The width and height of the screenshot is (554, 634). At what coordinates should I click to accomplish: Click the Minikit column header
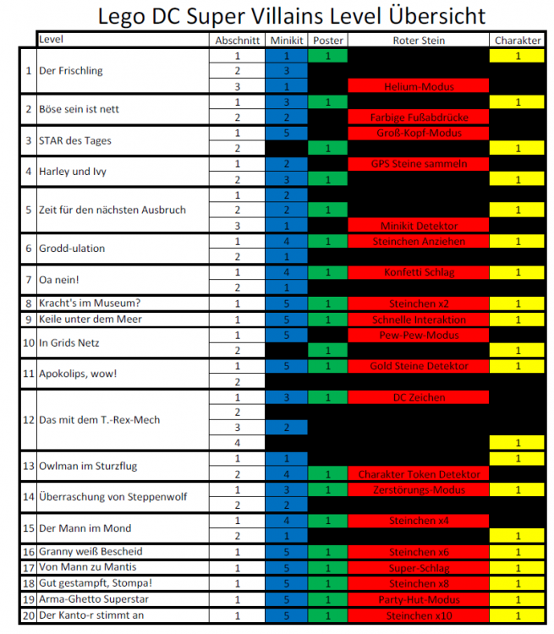(x=286, y=41)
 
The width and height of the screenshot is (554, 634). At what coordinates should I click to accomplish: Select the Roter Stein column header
(x=419, y=41)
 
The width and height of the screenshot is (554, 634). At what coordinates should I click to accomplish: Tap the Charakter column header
(x=518, y=41)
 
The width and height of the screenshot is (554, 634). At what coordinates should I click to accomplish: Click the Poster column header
(x=327, y=41)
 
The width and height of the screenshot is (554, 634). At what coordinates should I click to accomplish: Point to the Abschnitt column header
(x=237, y=41)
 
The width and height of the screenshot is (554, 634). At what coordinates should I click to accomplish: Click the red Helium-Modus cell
(x=419, y=86)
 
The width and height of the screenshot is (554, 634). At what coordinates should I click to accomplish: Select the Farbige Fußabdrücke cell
(x=419, y=118)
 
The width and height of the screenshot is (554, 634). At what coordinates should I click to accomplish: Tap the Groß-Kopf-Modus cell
(x=419, y=133)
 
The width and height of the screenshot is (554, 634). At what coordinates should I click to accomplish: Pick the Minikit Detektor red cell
(x=419, y=226)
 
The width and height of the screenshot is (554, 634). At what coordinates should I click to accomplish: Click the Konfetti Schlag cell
(x=419, y=272)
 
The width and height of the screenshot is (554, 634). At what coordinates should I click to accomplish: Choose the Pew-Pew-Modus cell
(x=419, y=335)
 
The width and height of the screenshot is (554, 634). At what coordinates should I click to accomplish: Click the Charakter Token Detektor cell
(x=419, y=474)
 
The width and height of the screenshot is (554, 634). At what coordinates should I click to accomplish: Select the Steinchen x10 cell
(x=419, y=615)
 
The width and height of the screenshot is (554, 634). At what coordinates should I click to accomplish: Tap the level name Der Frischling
(x=71, y=71)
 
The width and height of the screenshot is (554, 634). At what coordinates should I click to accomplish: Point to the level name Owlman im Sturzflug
(x=87, y=467)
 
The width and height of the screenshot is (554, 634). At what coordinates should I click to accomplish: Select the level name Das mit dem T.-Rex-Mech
(x=99, y=420)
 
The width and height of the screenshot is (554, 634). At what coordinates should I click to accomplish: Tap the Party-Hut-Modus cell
(x=419, y=599)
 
